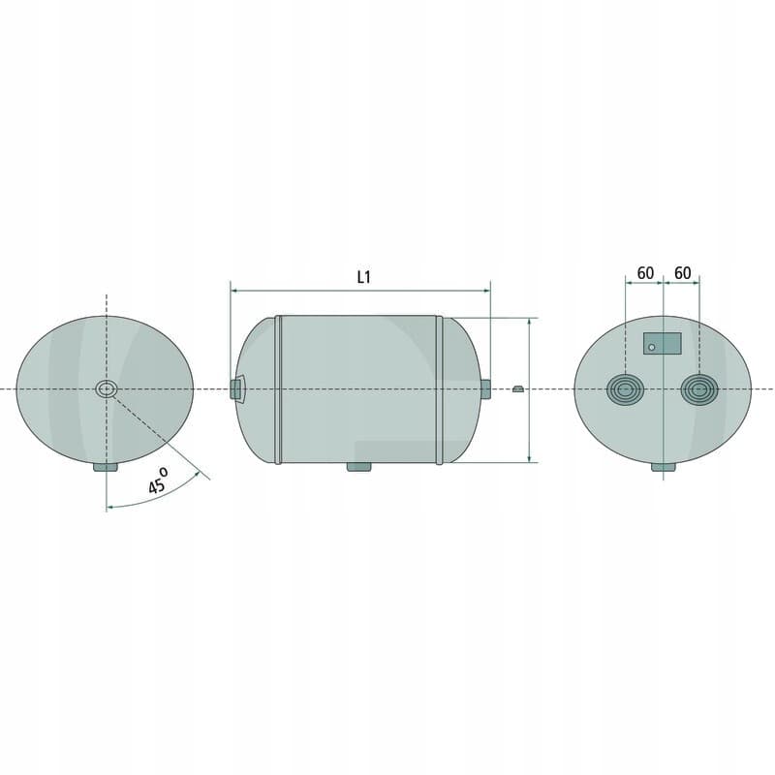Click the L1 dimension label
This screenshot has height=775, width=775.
(x=364, y=277)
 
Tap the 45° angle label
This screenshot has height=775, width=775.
(x=158, y=480)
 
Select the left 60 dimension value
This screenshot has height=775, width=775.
(x=645, y=273)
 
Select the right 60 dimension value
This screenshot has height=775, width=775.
(x=683, y=273)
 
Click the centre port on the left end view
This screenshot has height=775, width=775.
(x=107, y=389)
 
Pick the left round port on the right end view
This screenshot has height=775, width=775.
(x=625, y=389)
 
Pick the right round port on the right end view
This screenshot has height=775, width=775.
(x=699, y=389)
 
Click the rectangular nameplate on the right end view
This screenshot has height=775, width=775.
(x=663, y=343)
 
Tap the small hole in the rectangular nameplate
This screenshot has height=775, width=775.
(x=651, y=348)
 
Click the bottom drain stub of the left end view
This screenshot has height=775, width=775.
(x=106, y=467)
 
